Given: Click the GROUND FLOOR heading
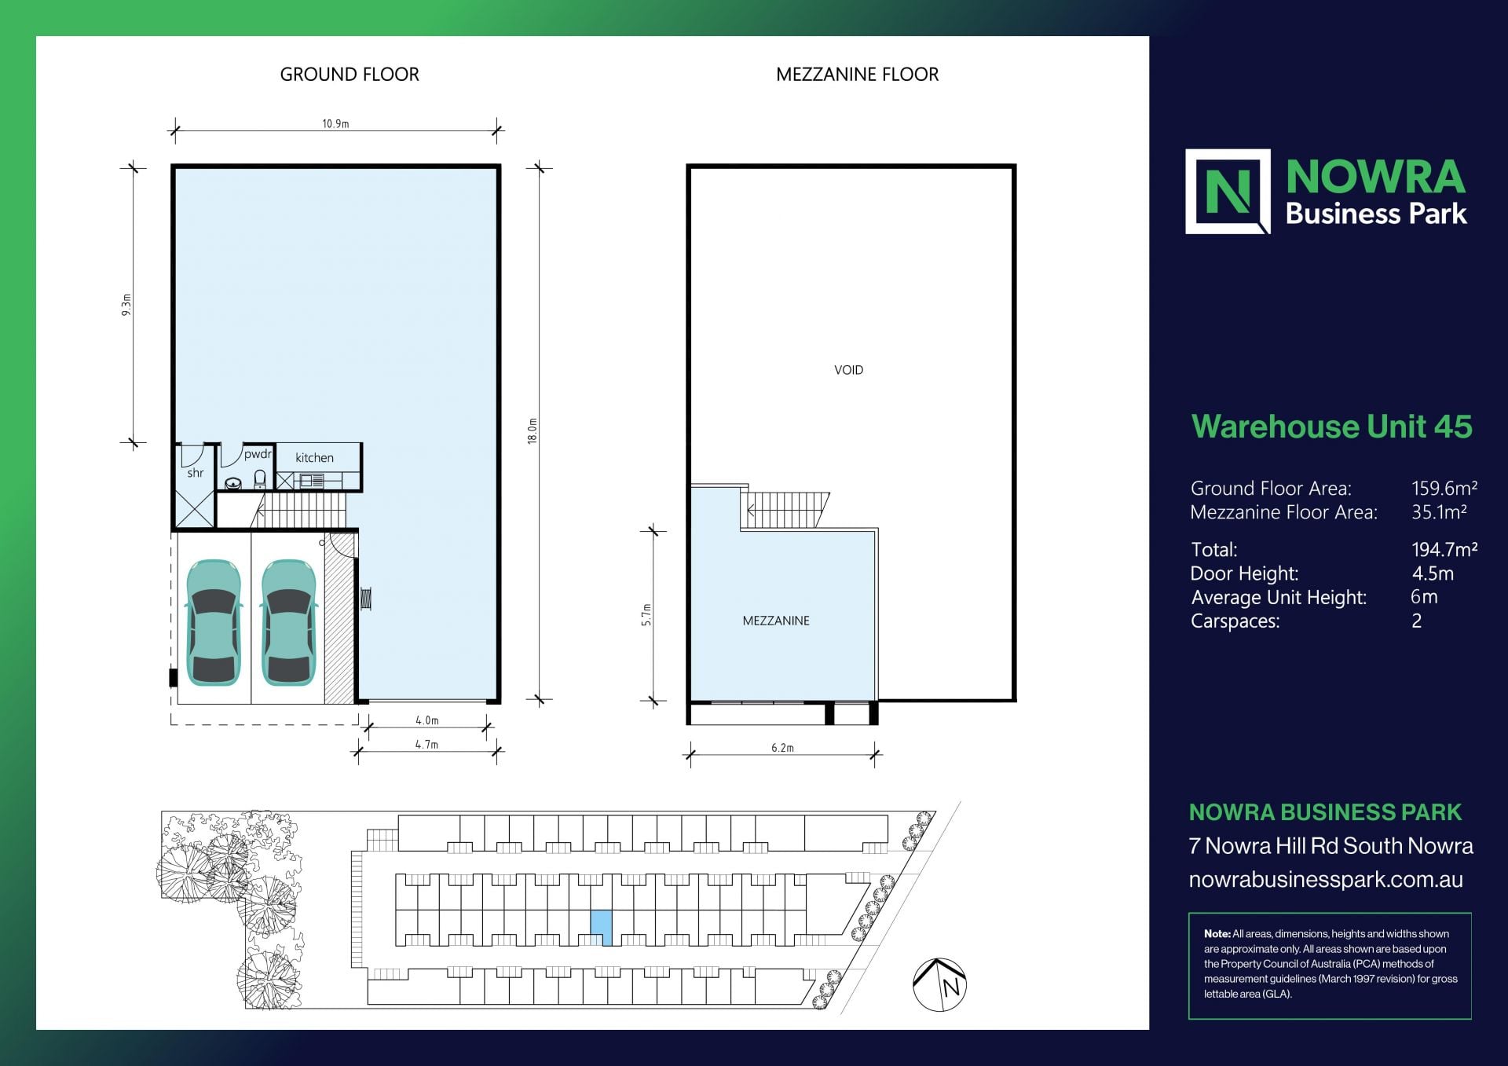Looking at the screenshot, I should [350, 75].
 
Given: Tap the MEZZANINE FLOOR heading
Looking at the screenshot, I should [857, 75].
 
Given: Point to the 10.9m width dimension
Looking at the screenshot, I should [335, 124].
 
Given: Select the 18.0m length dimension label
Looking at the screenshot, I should [533, 431].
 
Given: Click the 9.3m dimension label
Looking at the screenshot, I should [126, 305].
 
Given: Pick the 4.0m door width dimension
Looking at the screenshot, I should [426, 720].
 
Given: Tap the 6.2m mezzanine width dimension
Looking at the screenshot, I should [782, 748].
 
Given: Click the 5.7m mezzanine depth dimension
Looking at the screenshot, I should [646, 614].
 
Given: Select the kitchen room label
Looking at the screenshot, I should [314, 458].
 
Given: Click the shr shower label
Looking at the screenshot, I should [196, 473].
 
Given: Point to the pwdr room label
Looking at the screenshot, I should [258, 454].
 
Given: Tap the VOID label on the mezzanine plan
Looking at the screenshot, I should [848, 370].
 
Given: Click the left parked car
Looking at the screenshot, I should [213, 622].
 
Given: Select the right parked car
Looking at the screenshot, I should [288, 622].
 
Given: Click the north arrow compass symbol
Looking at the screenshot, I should [939, 984].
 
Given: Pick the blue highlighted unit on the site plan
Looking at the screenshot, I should [601, 926].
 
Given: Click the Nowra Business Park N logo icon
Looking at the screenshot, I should [1227, 192].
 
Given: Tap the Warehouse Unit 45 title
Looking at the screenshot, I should [1331, 427].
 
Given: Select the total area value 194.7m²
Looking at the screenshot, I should [1444, 550].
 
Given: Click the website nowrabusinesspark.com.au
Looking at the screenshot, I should [1325, 880].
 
